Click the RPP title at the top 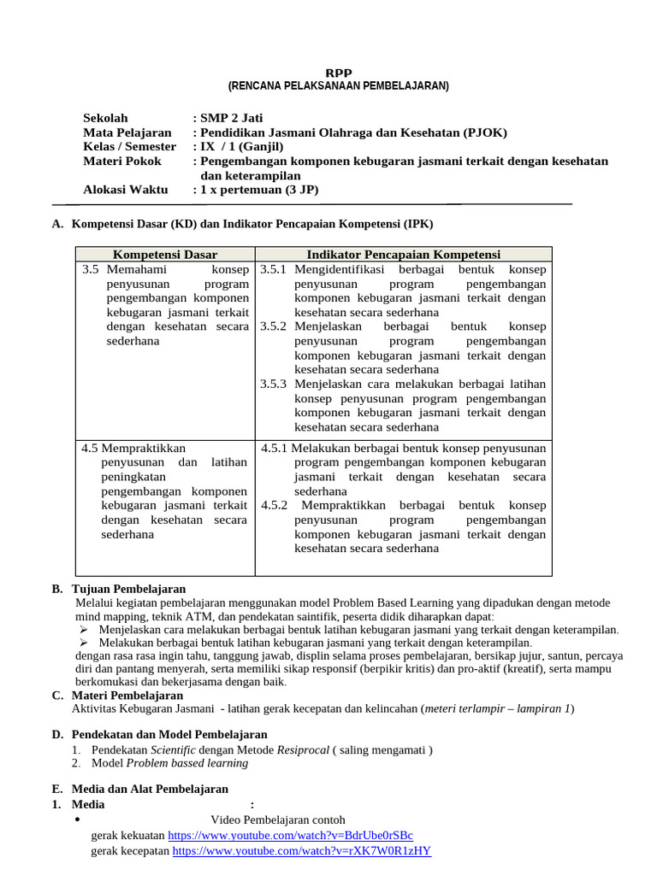(340, 73)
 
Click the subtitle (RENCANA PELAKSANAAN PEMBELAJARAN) (338, 86)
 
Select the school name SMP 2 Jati (231, 118)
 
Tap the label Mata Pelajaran (127, 132)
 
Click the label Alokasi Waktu (125, 190)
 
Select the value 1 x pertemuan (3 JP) (259, 190)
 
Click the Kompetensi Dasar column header (165, 255)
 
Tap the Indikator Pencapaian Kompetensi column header (403, 255)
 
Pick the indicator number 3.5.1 (274, 270)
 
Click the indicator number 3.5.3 (274, 384)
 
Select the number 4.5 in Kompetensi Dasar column (90, 448)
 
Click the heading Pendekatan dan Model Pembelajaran (169, 734)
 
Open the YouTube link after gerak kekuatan (290, 835)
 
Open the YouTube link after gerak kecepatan (301, 851)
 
